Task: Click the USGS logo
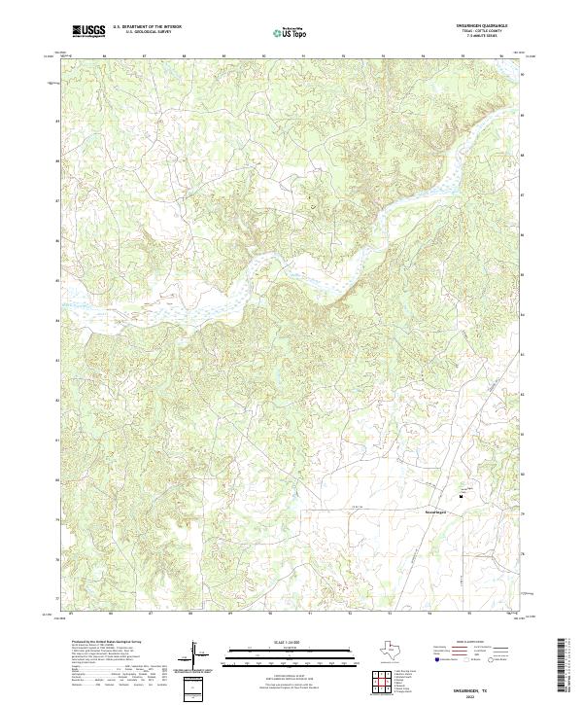click(x=88, y=31)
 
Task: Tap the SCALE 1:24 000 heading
click(x=281, y=643)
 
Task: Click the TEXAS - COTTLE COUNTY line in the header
click(x=481, y=32)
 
